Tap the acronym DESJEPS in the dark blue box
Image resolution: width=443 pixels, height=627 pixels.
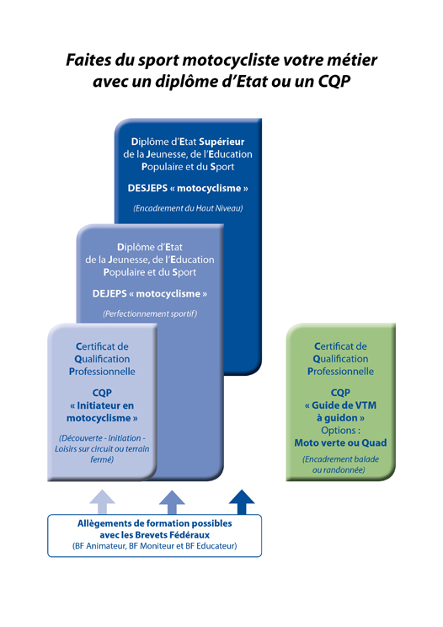pyautogui.click(x=147, y=188)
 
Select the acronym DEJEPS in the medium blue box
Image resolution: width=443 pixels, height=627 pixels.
pyautogui.click(x=109, y=293)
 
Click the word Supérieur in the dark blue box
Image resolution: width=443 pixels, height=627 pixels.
pyautogui.click(x=221, y=142)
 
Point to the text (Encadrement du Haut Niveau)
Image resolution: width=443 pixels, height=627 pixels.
pyautogui.click(x=188, y=208)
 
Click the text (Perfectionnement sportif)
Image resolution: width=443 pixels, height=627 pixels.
pyautogui.click(x=150, y=313)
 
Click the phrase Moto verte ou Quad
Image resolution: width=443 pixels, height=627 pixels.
pyautogui.click(x=340, y=442)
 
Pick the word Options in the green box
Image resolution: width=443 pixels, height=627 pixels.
pyautogui.click(x=339, y=431)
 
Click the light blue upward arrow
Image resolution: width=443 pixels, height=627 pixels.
pyautogui.click(x=102, y=501)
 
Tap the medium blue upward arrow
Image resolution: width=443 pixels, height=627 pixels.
pyautogui.click(x=172, y=501)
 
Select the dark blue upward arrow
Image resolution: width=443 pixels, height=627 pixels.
pyautogui.click(x=242, y=501)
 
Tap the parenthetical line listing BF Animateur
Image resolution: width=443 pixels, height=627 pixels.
pyautogui.click(x=155, y=546)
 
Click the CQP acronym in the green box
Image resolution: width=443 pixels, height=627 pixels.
pyautogui.click(x=340, y=393)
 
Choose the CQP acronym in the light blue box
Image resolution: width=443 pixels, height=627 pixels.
pyautogui.click(x=102, y=393)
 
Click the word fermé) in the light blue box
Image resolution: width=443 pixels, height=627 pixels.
pyautogui.click(x=102, y=459)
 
